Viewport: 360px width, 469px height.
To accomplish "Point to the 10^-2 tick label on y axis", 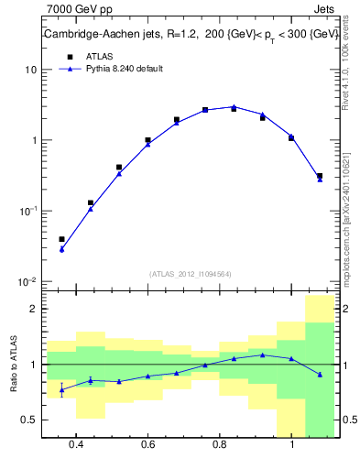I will (x=27, y=281).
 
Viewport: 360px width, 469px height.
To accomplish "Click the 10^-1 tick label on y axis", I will (x=27, y=211).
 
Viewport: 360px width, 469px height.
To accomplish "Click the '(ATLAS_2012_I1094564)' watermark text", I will (x=189, y=273).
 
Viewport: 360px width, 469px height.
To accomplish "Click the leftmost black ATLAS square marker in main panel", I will (x=61, y=239).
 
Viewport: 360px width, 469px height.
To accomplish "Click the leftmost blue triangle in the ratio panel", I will (x=61, y=389).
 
